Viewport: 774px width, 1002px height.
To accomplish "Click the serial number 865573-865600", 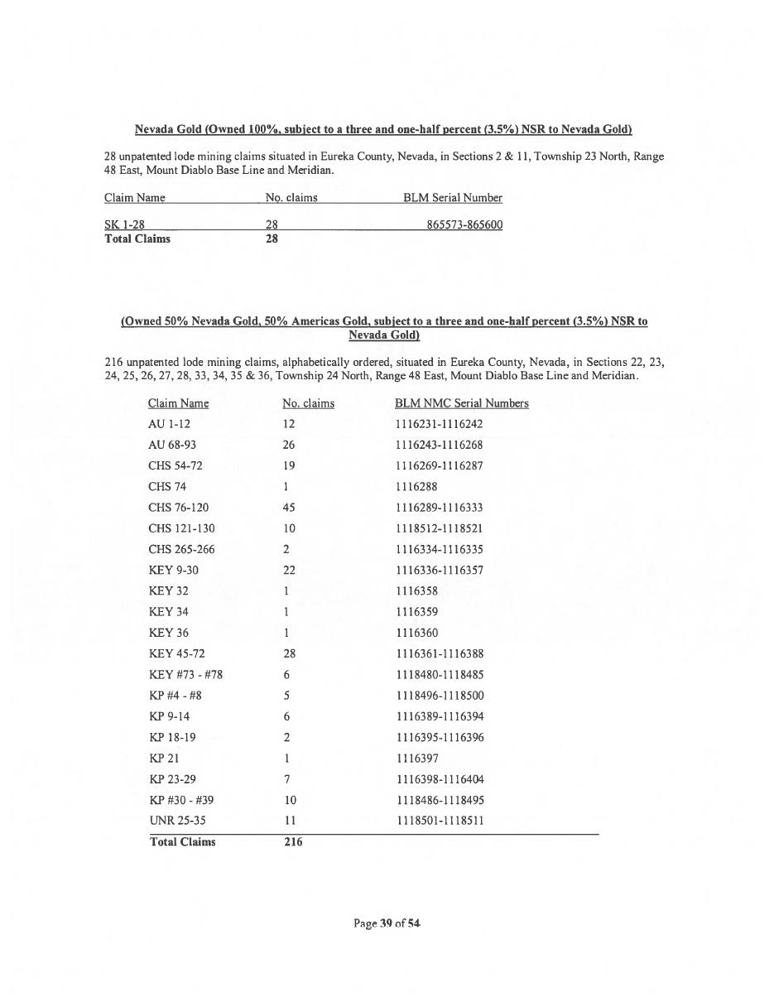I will [x=464, y=225].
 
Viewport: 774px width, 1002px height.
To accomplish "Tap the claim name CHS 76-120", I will [x=179, y=508].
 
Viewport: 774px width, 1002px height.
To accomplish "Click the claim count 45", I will [x=289, y=508].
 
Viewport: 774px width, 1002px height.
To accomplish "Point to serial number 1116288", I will [x=417, y=487].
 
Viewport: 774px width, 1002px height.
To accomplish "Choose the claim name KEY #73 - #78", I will [x=185, y=675].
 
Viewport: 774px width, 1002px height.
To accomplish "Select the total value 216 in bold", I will [x=293, y=842].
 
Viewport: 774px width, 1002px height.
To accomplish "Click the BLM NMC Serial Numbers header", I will [x=461, y=403].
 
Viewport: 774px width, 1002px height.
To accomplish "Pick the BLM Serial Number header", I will [x=452, y=198].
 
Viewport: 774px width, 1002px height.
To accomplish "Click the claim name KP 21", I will [x=164, y=759].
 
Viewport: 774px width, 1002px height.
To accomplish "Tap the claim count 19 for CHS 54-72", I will [x=289, y=465].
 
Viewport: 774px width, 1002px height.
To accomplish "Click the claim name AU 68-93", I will [x=172, y=445].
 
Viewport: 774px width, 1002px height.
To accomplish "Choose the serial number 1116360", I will [x=417, y=633].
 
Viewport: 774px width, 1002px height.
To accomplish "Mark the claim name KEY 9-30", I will [x=173, y=571].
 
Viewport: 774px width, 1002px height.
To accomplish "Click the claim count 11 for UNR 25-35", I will [x=289, y=821].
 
